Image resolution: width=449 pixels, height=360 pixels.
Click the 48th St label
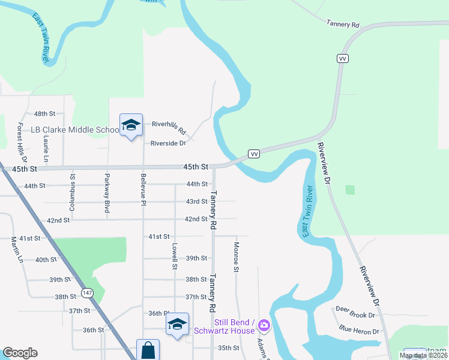click(x=44, y=113)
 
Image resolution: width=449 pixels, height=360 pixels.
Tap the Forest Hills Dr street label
click(x=22, y=143)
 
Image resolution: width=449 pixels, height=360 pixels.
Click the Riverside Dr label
click(x=168, y=143)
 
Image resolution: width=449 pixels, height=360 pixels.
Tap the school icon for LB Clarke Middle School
click(x=131, y=125)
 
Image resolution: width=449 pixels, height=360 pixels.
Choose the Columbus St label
click(x=73, y=184)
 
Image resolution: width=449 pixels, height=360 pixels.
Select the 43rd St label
click(x=196, y=201)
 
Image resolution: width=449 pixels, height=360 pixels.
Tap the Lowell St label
click(x=175, y=256)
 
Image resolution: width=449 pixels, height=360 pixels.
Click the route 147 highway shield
click(x=88, y=292)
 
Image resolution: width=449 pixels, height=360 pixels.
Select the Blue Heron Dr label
click(x=358, y=331)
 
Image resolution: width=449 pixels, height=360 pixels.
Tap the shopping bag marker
click(x=148, y=350)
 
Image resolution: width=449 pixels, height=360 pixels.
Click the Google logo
click(x=20, y=353)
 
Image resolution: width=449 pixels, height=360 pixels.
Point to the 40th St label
click(x=46, y=260)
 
